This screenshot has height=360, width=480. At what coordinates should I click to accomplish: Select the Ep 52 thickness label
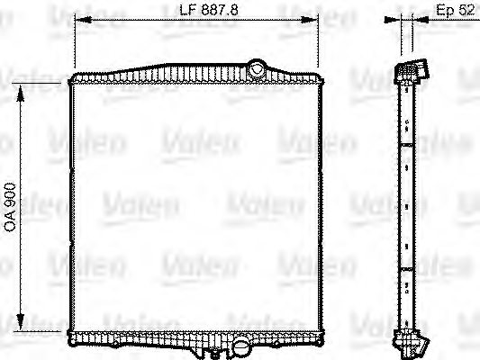click(x=454, y=11)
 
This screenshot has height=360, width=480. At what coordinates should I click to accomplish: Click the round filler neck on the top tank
click(x=259, y=67)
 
